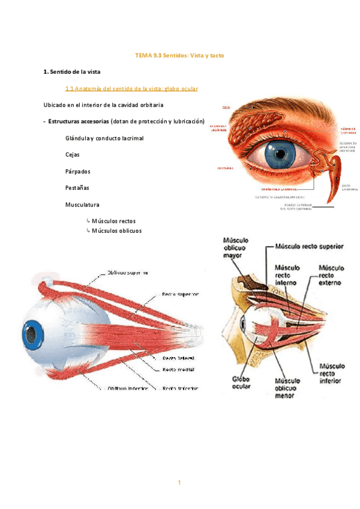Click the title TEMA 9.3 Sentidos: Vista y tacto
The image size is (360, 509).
[179, 55]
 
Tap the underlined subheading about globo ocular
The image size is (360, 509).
[131, 88]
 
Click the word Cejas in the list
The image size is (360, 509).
[73, 154]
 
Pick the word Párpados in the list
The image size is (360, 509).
[77, 171]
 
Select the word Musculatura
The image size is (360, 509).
[82, 205]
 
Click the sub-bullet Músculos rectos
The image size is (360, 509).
[118, 221]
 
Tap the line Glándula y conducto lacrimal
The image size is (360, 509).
[104, 138]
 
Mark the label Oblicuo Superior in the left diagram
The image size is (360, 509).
[131, 272]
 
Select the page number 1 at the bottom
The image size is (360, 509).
[179, 483]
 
